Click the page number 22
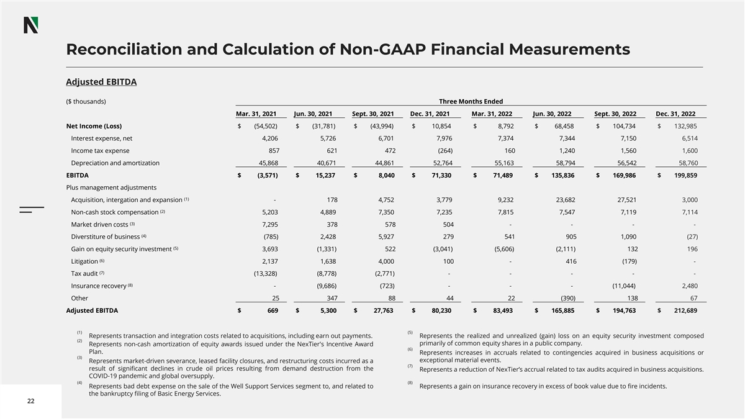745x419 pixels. point(30,401)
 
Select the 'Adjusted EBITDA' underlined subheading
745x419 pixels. point(101,82)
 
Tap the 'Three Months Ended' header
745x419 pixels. point(471,101)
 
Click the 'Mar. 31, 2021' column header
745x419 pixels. point(256,114)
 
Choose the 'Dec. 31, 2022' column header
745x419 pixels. point(675,114)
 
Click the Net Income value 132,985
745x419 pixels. point(684,126)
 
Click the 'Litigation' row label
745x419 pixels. point(84,261)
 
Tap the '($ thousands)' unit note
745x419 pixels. point(86,101)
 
